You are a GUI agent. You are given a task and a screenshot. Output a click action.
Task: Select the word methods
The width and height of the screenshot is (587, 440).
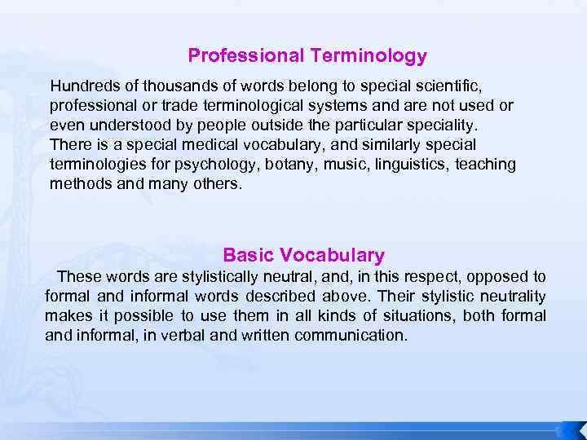coord(77,184)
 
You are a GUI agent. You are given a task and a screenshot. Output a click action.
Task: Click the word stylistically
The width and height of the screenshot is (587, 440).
coord(234,277)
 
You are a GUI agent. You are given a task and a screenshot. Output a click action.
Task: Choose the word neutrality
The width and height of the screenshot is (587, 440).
coord(513,297)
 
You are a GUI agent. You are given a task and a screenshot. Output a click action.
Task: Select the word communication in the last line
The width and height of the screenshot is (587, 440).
coord(351,336)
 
